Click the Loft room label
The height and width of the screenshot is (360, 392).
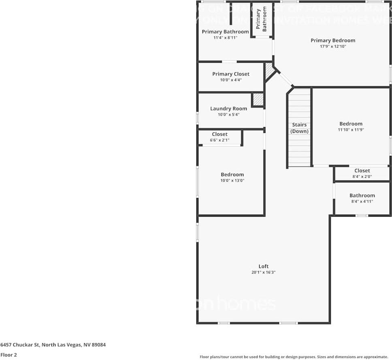[264, 266]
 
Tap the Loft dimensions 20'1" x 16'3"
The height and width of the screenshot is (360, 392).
[264, 273]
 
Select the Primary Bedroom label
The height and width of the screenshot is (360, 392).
[333, 40]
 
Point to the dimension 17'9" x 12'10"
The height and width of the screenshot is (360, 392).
[333, 47]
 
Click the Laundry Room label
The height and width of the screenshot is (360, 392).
[228, 109]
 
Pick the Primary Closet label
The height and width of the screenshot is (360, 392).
[231, 74]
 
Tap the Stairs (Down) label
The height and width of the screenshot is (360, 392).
[299, 128]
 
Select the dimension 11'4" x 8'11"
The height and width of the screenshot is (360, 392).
[225, 38]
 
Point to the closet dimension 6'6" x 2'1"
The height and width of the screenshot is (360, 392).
[219, 140]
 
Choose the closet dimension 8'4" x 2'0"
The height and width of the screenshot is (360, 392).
[362, 177]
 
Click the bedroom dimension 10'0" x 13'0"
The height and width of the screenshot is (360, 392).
[232, 181]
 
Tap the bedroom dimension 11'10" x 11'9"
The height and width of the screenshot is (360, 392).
[351, 130]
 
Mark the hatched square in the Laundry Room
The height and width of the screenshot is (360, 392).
[258, 100]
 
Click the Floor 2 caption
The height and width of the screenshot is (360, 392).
[9, 355]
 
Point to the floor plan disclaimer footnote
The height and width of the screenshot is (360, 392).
[294, 357]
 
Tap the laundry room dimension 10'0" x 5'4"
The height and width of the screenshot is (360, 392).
[228, 115]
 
